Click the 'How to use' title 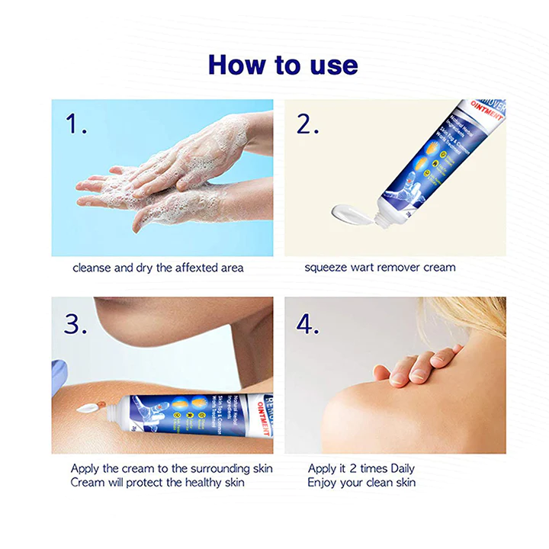[283, 65]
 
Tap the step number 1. [76, 124]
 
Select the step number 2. [307, 124]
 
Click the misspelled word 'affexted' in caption [178, 268]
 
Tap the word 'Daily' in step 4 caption [400, 468]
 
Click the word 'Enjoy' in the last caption [323, 483]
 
